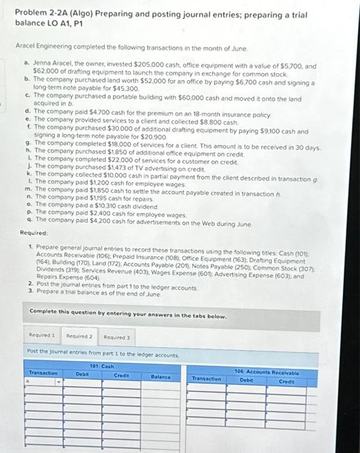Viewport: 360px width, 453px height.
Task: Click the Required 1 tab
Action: (x=43, y=336)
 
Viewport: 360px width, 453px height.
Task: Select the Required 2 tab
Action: (x=80, y=336)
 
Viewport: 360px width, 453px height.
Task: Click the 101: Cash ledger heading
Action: (x=97, y=366)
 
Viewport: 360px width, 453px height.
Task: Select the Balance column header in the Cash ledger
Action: (x=161, y=376)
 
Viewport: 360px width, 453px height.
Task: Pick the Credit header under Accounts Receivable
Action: (x=287, y=381)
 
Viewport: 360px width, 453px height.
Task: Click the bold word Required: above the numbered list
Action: (x=33, y=232)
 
